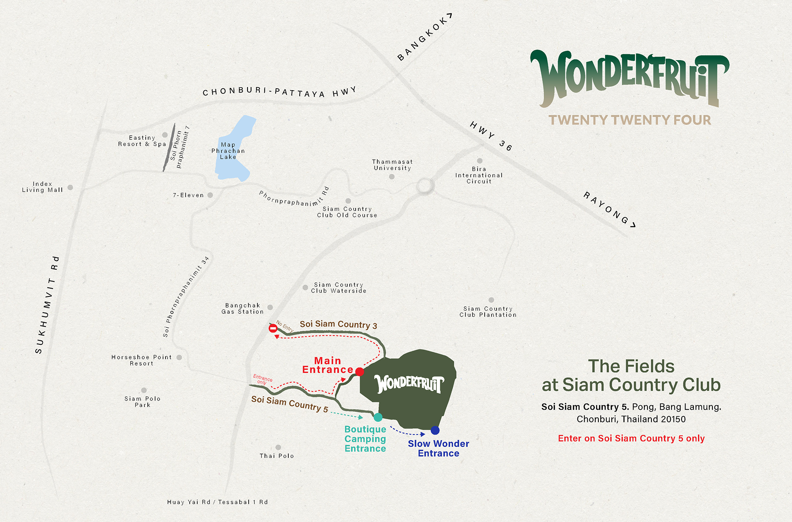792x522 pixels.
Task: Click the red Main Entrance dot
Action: tap(359, 371)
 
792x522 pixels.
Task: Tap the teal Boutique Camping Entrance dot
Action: tap(378, 417)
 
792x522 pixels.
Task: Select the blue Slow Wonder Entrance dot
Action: tap(435, 430)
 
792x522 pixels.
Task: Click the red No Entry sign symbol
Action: tap(273, 328)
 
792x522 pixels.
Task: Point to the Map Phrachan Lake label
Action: tap(228, 151)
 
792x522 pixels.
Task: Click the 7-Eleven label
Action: tap(188, 195)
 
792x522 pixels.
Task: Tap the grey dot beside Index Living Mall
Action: tap(70, 187)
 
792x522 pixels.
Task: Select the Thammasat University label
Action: tap(392, 165)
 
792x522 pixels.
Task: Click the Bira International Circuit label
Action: tap(479, 175)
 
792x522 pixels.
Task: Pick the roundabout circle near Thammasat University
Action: tap(425, 186)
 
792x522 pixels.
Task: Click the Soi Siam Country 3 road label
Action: tap(338, 325)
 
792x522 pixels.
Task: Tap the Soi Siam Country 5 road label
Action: tap(289, 404)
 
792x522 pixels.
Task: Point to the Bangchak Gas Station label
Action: tap(242, 308)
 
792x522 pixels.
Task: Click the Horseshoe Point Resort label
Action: tap(141, 360)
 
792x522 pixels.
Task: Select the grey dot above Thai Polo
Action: tap(278, 447)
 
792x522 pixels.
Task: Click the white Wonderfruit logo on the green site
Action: tap(409, 383)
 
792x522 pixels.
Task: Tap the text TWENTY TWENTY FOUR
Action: tap(630, 120)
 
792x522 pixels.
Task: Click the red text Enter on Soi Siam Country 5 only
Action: tap(631, 438)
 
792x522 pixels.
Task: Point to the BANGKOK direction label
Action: tap(424, 38)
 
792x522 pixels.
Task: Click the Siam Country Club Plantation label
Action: tap(488, 311)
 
